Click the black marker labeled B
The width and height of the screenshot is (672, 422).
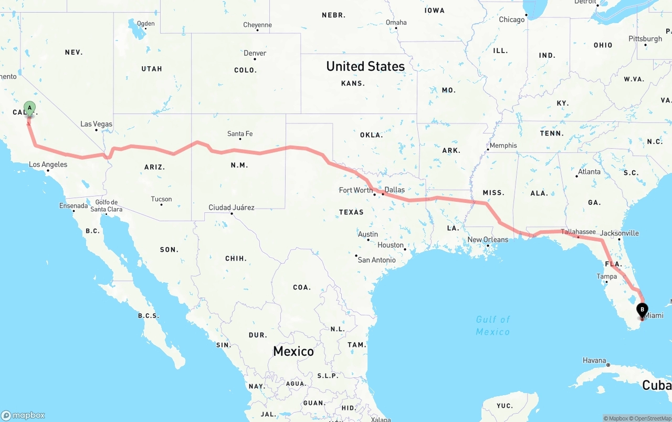click(642, 311)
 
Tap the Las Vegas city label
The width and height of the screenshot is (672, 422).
click(96, 124)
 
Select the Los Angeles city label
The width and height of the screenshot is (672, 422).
click(48, 164)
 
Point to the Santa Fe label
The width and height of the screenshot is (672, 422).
click(240, 134)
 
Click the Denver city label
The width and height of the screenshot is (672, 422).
click(255, 53)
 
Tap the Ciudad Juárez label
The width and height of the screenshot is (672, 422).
click(232, 208)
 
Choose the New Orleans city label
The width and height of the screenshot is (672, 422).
click(488, 240)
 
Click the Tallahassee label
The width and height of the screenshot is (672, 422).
click(578, 231)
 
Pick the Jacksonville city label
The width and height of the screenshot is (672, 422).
click(619, 233)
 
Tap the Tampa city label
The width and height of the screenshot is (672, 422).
click(606, 276)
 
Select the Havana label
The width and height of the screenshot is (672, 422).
click(594, 361)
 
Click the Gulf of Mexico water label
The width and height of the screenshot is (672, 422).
click(493, 325)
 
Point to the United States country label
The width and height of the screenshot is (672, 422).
click(365, 66)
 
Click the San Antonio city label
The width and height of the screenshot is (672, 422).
click(376, 260)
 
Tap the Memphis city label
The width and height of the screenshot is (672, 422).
click(503, 146)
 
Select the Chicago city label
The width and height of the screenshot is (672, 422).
click(512, 19)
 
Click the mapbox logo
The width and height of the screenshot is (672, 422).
click(23, 415)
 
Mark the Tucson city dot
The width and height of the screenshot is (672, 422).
click(161, 204)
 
